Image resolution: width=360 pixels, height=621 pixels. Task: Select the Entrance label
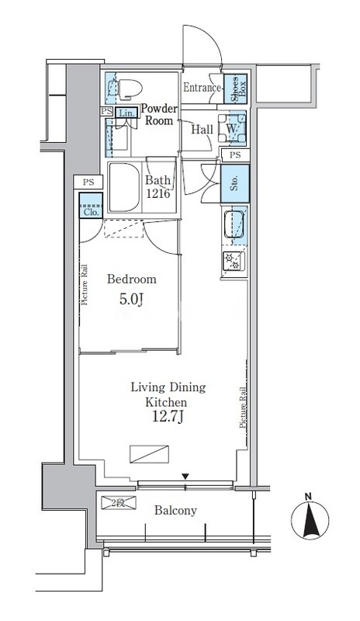(x=202, y=88)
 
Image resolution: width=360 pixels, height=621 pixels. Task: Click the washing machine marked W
(x=232, y=128)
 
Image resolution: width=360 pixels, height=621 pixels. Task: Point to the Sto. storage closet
(x=235, y=183)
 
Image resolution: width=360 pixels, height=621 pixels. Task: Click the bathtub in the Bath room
(x=124, y=187)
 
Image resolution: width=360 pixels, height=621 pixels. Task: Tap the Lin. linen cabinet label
(x=127, y=113)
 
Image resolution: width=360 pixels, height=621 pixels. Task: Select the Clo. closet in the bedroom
(x=91, y=206)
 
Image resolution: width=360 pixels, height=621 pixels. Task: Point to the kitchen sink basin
(x=236, y=224)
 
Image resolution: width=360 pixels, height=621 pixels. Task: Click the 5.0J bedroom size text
(x=130, y=299)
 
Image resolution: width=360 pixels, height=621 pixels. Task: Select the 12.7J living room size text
(x=168, y=418)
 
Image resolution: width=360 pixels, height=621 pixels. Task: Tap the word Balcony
(x=175, y=511)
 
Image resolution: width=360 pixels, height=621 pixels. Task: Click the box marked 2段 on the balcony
(x=119, y=503)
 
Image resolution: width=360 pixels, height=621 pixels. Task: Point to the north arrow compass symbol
(x=310, y=517)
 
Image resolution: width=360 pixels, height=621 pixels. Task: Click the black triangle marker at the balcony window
(x=185, y=476)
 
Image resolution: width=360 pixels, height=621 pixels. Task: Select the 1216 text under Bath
(x=157, y=193)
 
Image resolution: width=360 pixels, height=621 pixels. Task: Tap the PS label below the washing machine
(x=235, y=155)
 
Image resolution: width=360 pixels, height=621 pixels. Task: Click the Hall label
(x=202, y=130)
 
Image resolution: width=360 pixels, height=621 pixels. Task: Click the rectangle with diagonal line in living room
(x=149, y=454)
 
